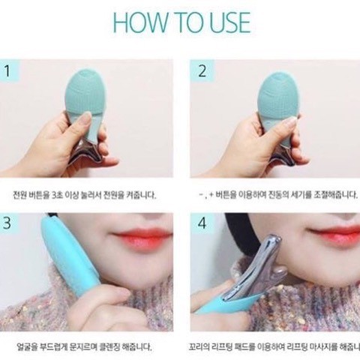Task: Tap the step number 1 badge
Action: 7,71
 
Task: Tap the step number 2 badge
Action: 202,71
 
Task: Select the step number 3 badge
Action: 7,223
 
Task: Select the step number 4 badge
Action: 202,223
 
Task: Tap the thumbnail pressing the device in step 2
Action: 290,121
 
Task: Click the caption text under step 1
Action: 85,195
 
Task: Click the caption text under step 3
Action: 84,346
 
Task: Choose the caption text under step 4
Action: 274,346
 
